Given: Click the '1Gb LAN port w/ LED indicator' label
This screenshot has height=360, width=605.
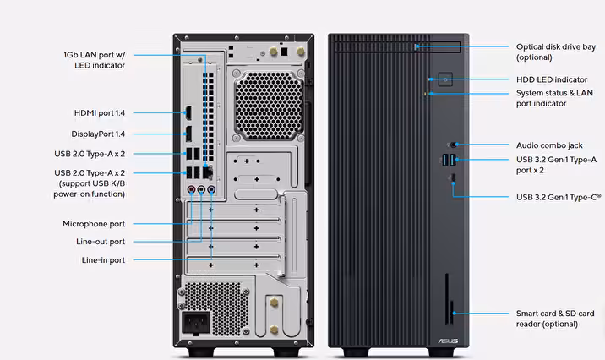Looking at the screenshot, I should (x=94, y=59).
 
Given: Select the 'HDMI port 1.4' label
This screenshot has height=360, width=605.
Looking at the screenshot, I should (x=99, y=112).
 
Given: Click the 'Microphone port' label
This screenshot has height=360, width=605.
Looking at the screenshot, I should (x=93, y=224).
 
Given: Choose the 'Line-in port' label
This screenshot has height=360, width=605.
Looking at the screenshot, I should (x=103, y=260).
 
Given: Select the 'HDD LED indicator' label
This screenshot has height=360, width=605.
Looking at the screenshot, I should (x=552, y=79).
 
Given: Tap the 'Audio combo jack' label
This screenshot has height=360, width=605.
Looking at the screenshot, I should (x=549, y=145).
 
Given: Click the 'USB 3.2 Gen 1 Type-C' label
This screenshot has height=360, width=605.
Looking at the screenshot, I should (x=559, y=197).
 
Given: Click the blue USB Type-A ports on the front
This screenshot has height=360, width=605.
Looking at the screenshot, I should (x=448, y=160).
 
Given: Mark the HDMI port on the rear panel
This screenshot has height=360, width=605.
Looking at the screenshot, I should (x=188, y=113).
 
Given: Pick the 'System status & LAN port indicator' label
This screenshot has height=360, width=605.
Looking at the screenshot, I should (x=554, y=98).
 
